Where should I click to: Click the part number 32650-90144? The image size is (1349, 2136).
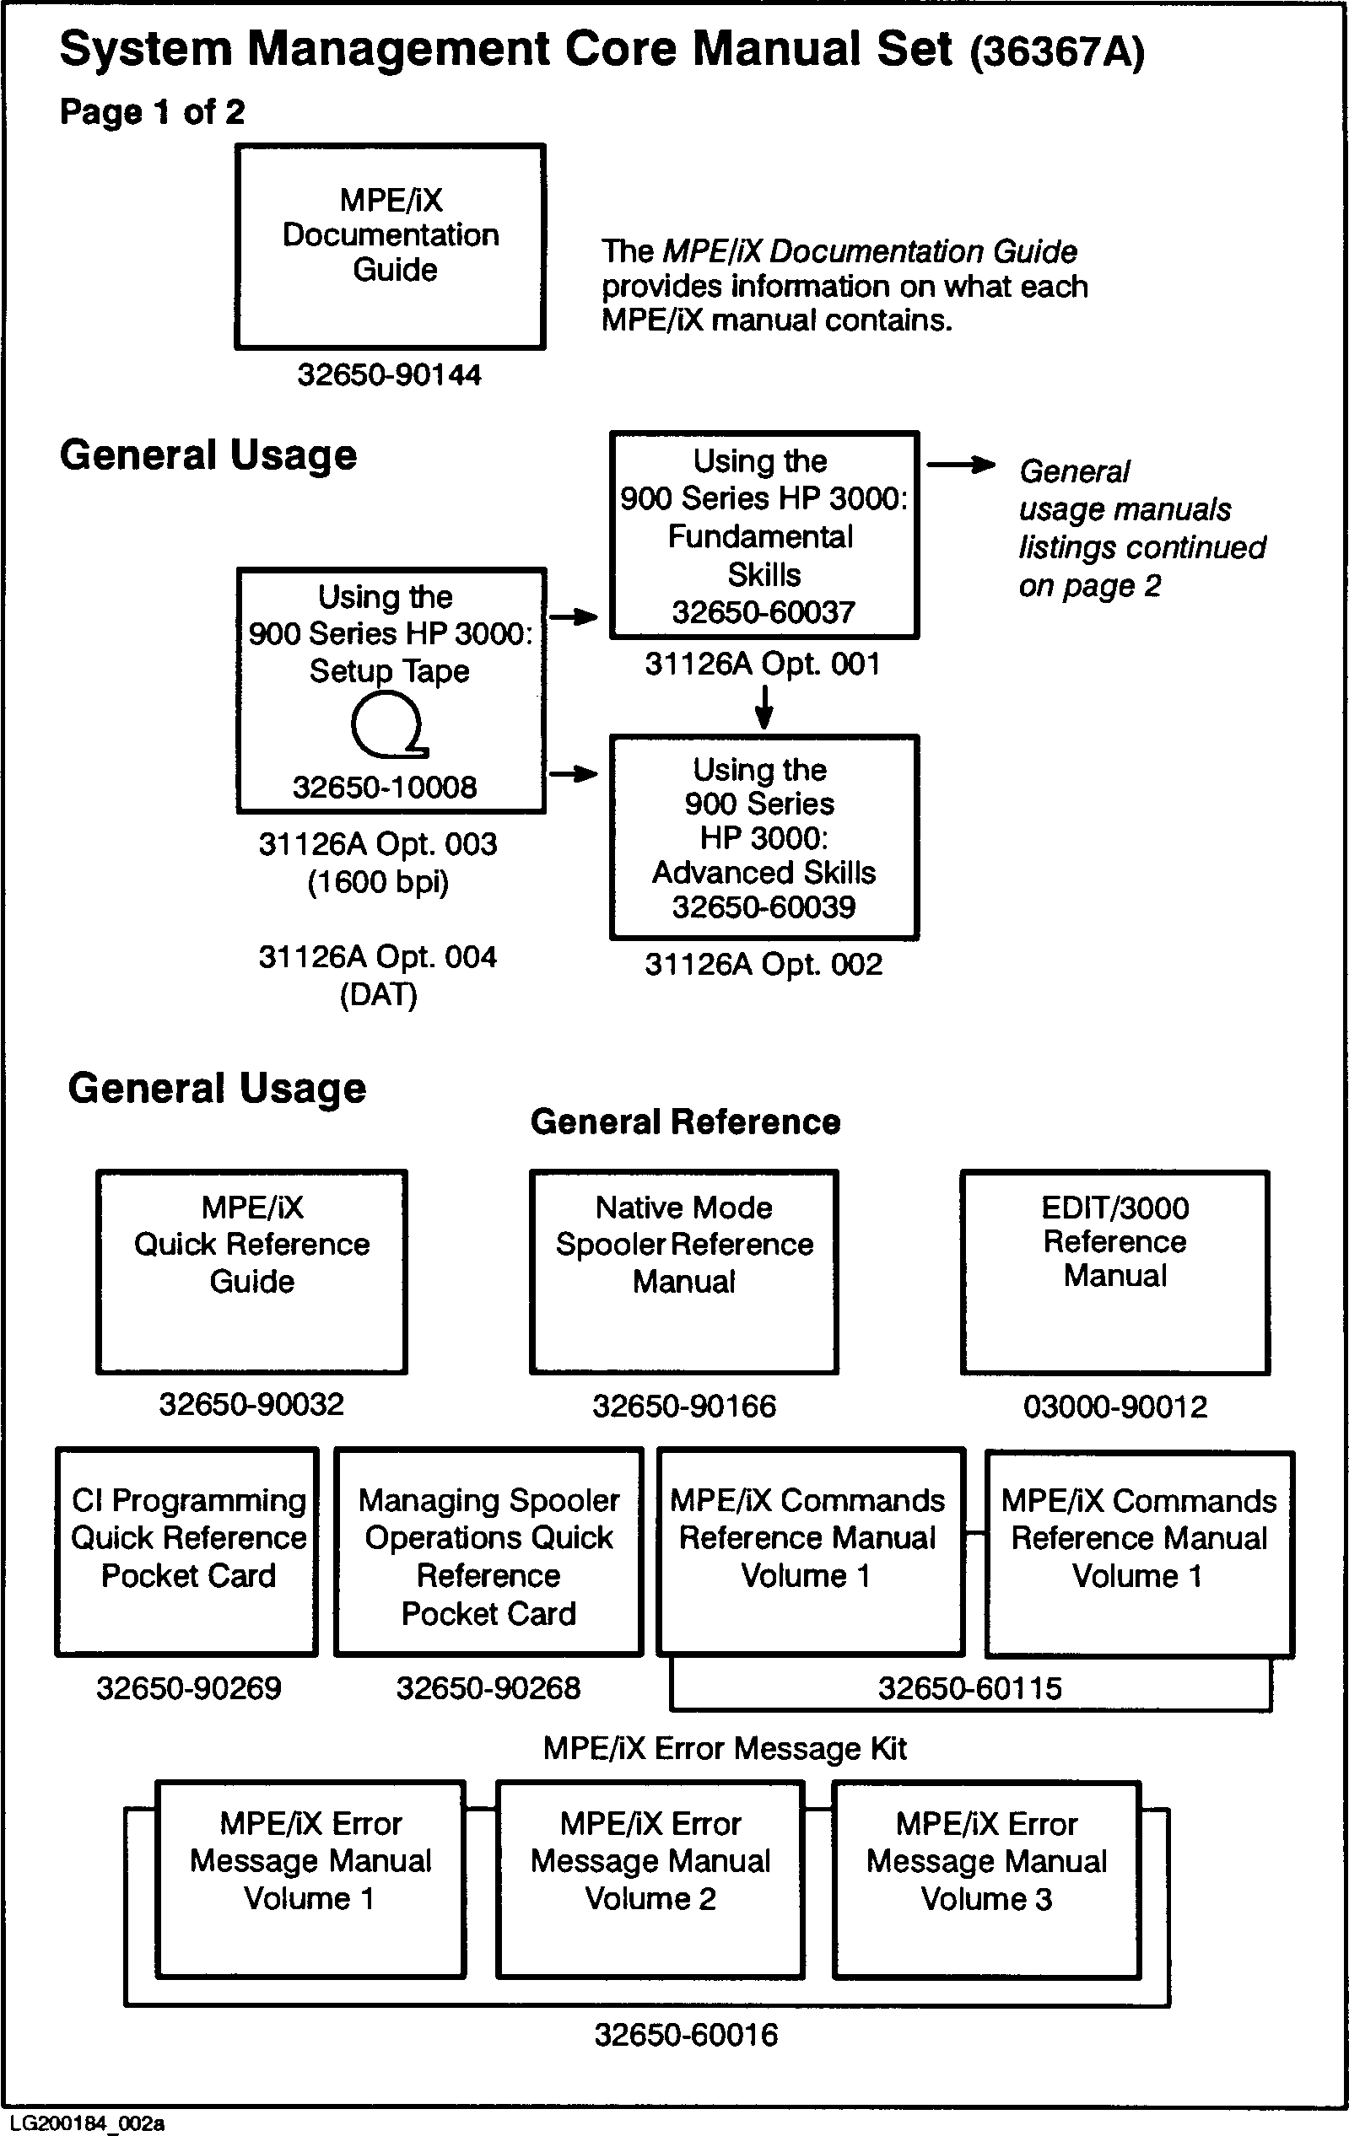[389, 375]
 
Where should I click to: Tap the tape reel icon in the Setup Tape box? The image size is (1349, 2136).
[388, 724]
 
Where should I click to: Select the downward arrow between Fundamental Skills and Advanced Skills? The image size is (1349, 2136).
[764, 706]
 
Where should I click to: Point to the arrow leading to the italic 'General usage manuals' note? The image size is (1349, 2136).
[960, 465]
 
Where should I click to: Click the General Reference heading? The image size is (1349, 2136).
[685, 1122]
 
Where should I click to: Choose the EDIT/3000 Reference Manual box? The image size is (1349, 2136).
[1114, 1272]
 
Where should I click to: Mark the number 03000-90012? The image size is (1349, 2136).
[1114, 1406]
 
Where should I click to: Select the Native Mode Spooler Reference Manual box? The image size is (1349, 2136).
[683, 1272]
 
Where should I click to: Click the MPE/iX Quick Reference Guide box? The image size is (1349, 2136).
[252, 1272]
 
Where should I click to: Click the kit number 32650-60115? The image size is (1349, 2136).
[969, 1688]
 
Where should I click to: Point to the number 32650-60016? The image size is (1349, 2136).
[685, 2034]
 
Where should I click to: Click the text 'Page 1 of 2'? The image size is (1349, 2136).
[152, 113]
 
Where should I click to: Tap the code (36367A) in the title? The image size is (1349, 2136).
[1056, 52]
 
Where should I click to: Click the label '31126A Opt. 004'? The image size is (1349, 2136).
[377, 957]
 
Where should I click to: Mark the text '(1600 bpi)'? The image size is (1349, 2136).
[378, 883]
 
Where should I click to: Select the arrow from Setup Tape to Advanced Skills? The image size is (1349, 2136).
[574, 774]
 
